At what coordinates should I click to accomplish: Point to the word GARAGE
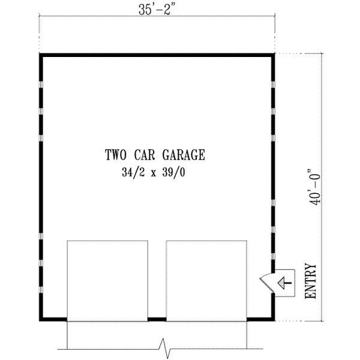click(x=185, y=155)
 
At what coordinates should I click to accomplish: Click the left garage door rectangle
click(x=107, y=280)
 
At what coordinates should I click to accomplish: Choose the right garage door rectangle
click(x=206, y=280)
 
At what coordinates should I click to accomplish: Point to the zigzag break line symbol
click(x=163, y=346)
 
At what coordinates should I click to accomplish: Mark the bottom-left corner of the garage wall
click(x=41, y=319)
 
